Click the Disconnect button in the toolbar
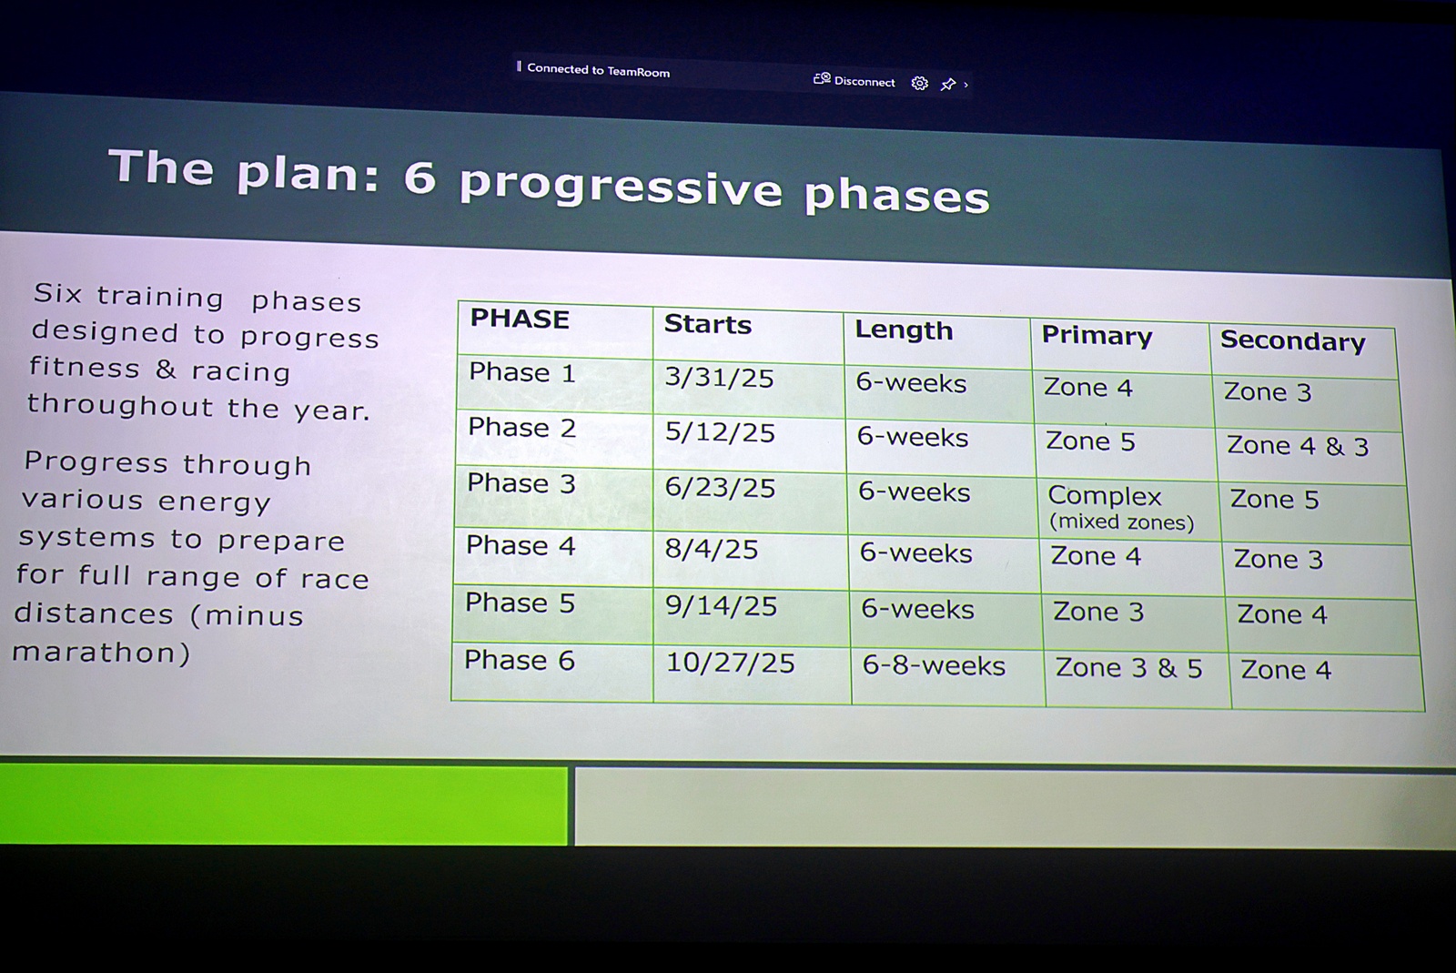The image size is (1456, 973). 854,81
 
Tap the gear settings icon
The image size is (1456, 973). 919,83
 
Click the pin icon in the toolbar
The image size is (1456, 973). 947,84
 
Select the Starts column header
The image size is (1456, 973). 707,324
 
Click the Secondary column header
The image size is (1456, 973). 1292,341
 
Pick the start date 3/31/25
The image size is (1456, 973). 719,378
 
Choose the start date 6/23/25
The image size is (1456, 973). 720,488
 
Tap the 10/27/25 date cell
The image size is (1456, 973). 731,663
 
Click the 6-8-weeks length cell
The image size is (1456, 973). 934,665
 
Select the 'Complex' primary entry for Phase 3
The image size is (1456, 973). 1105,496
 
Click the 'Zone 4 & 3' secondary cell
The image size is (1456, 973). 1298,446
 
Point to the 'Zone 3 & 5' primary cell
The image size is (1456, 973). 1128,668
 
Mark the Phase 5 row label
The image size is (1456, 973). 520,603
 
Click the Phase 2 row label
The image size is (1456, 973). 522,427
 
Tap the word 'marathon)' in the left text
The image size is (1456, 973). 101,652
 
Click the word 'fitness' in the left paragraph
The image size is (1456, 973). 85,367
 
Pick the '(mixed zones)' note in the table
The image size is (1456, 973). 1121,522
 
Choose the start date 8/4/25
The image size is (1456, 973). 711,549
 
